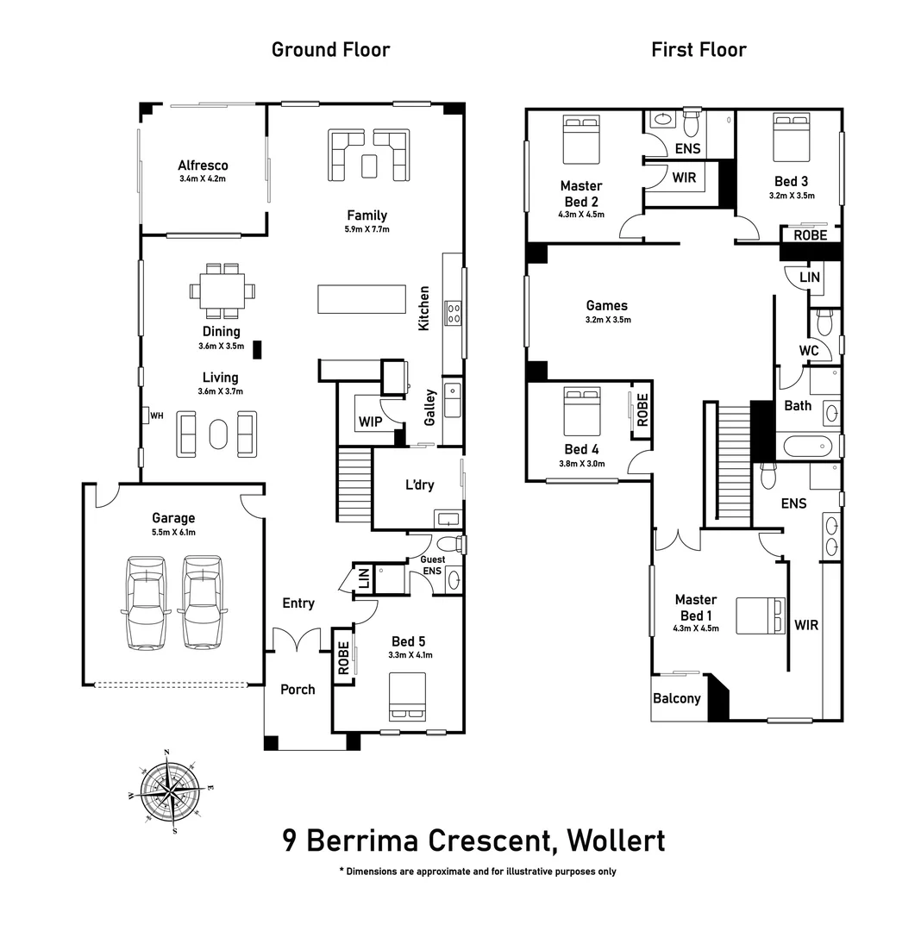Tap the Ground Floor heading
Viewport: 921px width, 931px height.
pos(330,50)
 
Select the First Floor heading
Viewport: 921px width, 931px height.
pos(699,50)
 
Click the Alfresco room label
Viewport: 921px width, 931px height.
pos(203,166)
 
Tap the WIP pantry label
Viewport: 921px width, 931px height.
pos(370,422)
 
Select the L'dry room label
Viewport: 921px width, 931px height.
pos(419,485)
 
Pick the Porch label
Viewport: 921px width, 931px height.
pos(298,690)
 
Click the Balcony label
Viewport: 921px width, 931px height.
pos(677,698)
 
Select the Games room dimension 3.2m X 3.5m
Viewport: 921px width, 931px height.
pos(607,320)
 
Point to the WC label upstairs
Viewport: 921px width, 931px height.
pos(808,351)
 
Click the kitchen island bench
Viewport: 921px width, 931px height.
pos(361,299)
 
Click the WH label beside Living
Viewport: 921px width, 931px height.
pos(156,416)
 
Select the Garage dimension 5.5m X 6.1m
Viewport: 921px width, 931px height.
pos(173,532)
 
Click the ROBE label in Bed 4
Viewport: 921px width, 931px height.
pos(642,405)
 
